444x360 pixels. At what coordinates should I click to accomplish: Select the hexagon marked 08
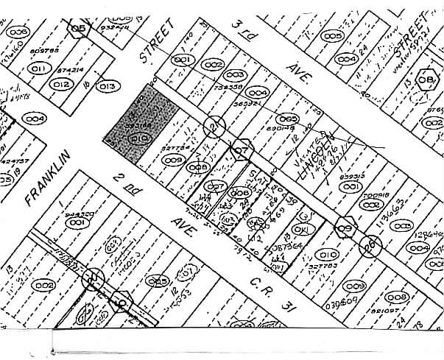(x=426, y=79)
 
